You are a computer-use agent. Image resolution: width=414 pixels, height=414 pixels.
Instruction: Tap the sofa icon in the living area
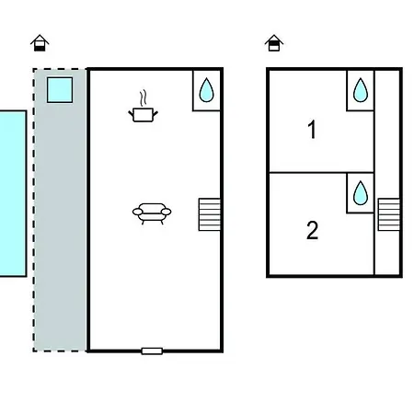click(x=152, y=213)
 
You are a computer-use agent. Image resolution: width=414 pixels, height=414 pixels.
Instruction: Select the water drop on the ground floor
click(x=206, y=90)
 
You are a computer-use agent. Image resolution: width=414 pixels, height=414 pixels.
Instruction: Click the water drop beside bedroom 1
click(x=361, y=90)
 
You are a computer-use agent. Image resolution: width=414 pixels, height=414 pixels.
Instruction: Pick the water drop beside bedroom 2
click(x=361, y=193)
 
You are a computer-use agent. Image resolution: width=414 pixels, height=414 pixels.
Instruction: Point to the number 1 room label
click(x=312, y=130)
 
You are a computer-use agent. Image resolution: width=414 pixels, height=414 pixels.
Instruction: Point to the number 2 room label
click(x=312, y=230)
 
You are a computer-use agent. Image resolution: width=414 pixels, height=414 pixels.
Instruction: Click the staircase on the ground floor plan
click(x=210, y=214)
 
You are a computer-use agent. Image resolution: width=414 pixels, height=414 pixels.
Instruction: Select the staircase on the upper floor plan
click(x=389, y=214)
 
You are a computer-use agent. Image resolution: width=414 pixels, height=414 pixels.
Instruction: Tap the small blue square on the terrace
click(x=60, y=90)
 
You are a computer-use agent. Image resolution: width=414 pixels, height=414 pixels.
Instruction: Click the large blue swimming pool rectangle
click(x=13, y=193)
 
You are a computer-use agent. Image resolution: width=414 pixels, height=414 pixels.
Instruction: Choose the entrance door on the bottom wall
click(x=152, y=351)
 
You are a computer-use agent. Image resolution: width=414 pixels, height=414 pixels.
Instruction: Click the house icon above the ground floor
click(x=40, y=43)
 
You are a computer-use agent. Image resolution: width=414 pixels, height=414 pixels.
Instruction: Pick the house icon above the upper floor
click(x=274, y=43)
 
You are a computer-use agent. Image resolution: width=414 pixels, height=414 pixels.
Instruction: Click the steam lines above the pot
click(x=143, y=98)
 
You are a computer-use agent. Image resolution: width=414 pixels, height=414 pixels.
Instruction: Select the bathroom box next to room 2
click(x=361, y=193)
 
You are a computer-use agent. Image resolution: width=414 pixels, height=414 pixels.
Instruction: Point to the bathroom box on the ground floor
click(x=206, y=90)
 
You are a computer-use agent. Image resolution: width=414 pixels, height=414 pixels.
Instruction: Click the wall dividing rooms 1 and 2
click(x=322, y=172)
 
